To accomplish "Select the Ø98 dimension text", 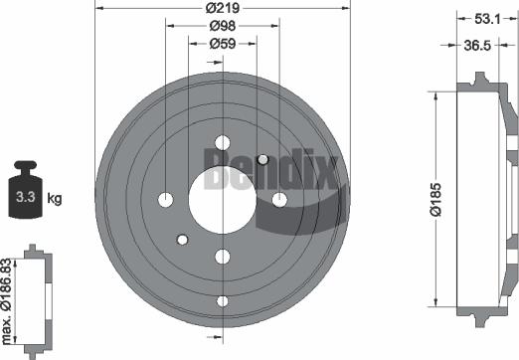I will pyautogui.click(x=222, y=28).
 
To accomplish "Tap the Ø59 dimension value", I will pyautogui.click(x=222, y=44).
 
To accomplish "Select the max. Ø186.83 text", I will pyautogui.click(x=8, y=289).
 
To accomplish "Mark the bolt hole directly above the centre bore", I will pyautogui.click(x=222, y=141).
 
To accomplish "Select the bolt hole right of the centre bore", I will pyautogui.click(x=280, y=200).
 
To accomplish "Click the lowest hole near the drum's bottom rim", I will pyautogui.click(x=222, y=301).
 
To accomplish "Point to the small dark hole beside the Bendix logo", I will pyautogui.click(x=262, y=160).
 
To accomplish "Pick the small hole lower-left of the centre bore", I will pyautogui.click(x=182, y=239).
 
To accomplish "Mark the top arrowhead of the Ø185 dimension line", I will pyautogui.click(x=436, y=92).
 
